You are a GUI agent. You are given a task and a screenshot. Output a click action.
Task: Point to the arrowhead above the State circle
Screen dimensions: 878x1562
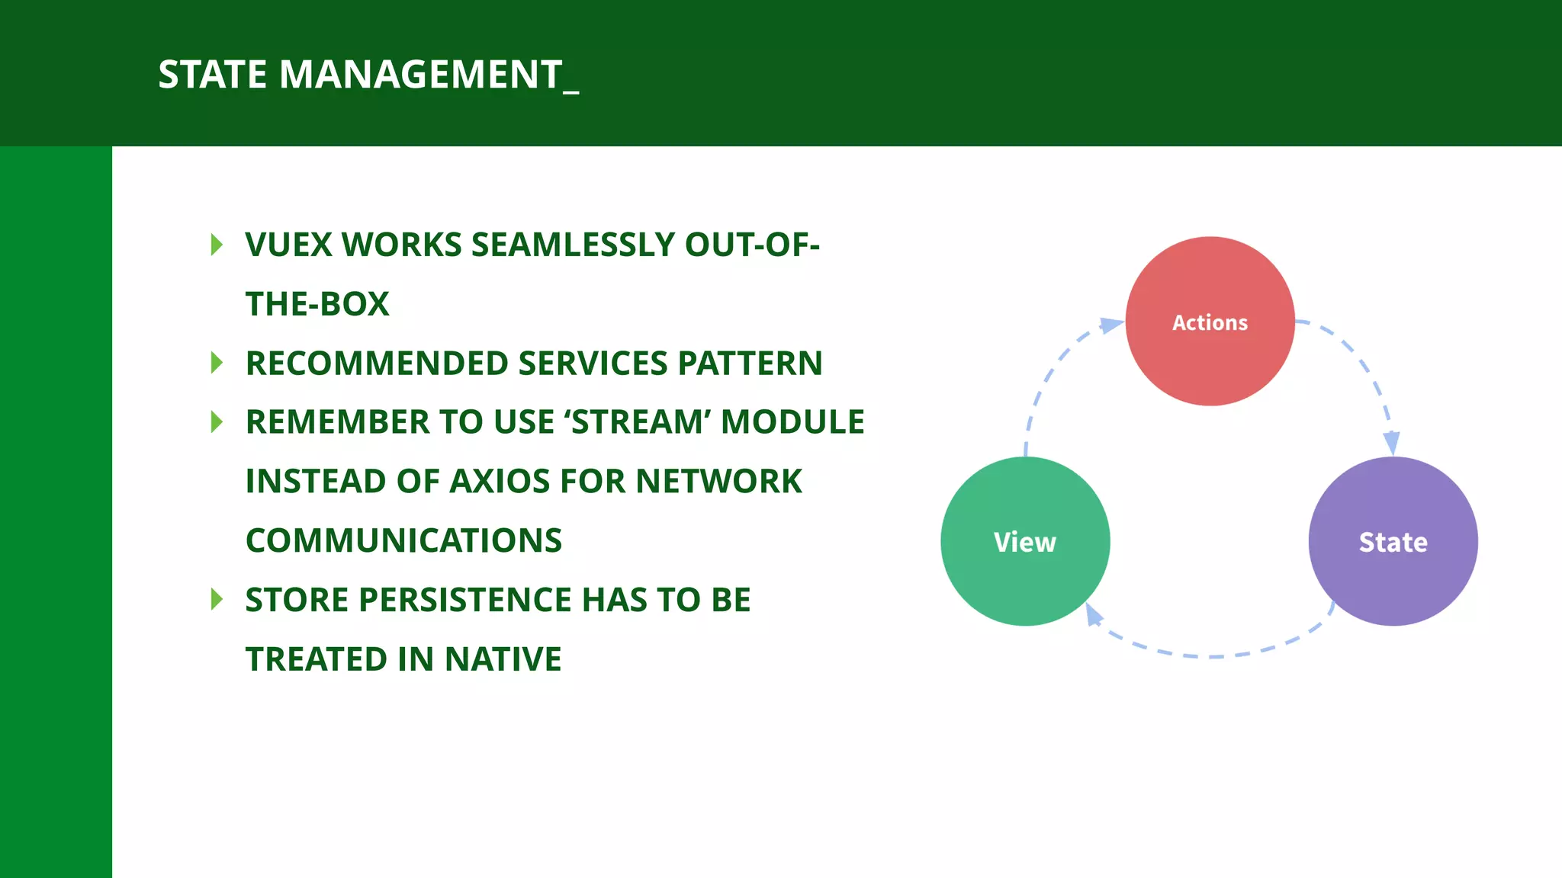tap(1392, 442)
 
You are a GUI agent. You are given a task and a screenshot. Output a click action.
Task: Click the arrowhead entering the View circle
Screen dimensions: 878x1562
tap(1094, 614)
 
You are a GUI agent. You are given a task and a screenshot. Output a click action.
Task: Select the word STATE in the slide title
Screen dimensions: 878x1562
tap(213, 75)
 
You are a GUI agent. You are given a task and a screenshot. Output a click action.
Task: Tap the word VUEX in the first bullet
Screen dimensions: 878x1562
tap(289, 245)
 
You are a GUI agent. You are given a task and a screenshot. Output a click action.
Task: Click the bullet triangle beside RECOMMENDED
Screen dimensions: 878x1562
tap(217, 363)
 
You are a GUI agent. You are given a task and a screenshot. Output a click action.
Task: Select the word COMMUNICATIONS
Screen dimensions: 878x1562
tap(403, 540)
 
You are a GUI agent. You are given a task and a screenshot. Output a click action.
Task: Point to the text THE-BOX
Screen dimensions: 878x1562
tap(317, 304)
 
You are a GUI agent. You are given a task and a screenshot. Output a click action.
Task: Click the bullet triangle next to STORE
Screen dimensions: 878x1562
tap(217, 600)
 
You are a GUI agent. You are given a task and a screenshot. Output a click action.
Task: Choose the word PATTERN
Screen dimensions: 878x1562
tap(750, 364)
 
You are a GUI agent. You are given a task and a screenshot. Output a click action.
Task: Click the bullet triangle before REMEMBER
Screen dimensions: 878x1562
tap(217, 422)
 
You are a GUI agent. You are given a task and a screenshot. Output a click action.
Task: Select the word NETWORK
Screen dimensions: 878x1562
tap(718, 482)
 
